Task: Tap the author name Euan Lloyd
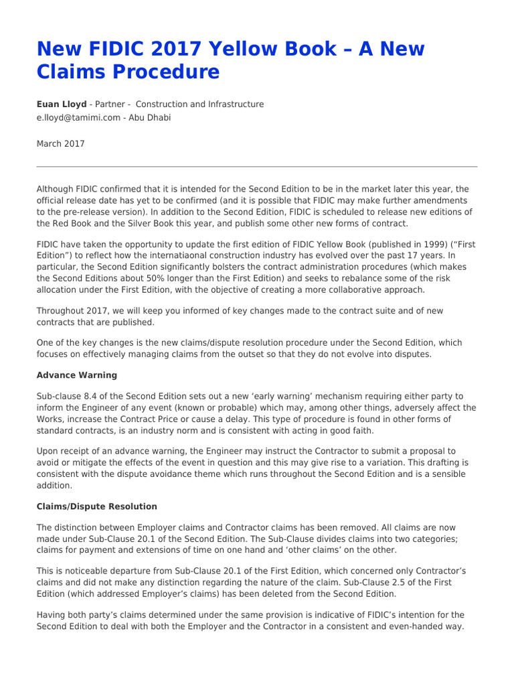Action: (x=62, y=105)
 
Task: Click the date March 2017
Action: (x=60, y=143)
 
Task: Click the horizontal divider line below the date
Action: (x=257, y=166)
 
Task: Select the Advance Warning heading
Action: (x=76, y=375)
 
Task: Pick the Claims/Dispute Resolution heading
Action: (x=97, y=506)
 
